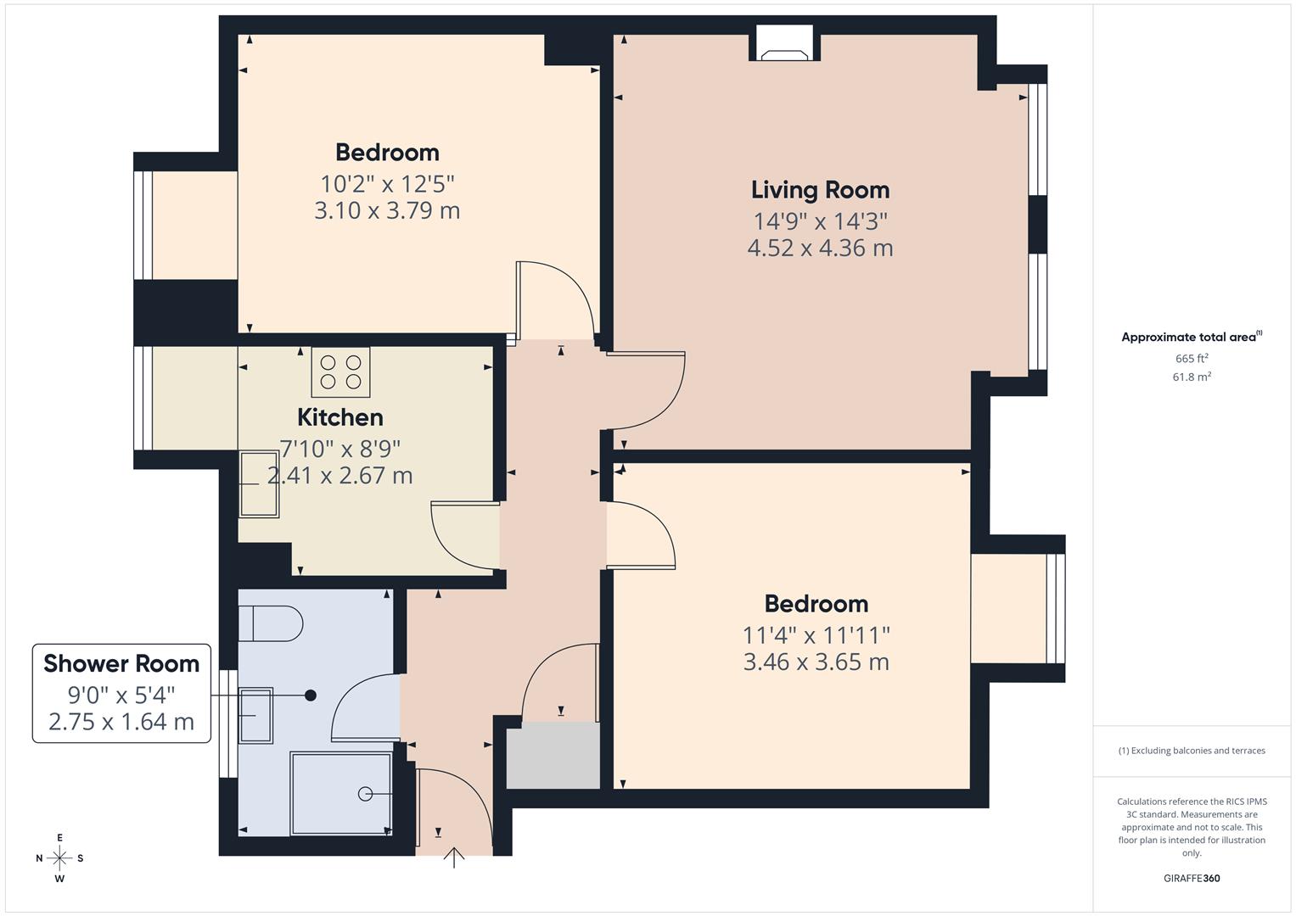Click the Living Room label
coord(820,190)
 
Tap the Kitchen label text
coord(339,417)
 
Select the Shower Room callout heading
coord(121,663)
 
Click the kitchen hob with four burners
coord(340,372)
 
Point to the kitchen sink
coord(258,484)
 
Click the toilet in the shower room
coord(271,624)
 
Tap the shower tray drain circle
coord(366,794)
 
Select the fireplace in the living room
coord(784,47)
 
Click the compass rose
coord(59,857)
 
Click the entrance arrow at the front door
coord(455,858)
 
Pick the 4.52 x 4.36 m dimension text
coord(820,249)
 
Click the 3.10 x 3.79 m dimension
coord(387,210)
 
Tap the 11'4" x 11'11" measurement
coord(816,634)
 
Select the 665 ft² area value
coord(1191,359)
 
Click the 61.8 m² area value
coord(1191,377)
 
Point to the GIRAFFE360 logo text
coord(1191,878)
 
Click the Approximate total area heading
coord(1191,338)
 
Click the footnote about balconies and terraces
coord(1191,751)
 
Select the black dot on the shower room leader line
coord(311,695)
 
